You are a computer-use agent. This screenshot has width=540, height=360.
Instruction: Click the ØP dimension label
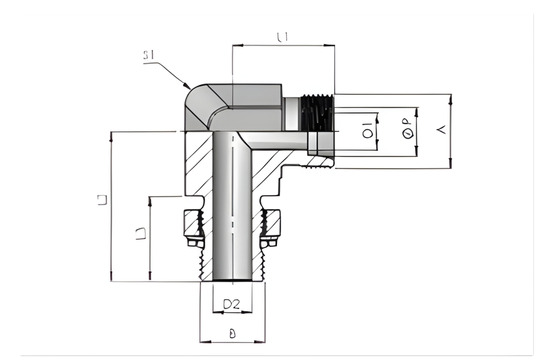click(407, 128)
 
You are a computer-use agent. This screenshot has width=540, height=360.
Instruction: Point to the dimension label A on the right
click(441, 128)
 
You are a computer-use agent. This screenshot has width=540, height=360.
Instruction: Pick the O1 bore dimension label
click(368, 128)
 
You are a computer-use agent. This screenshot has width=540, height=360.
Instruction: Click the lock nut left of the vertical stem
click(192, 231)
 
